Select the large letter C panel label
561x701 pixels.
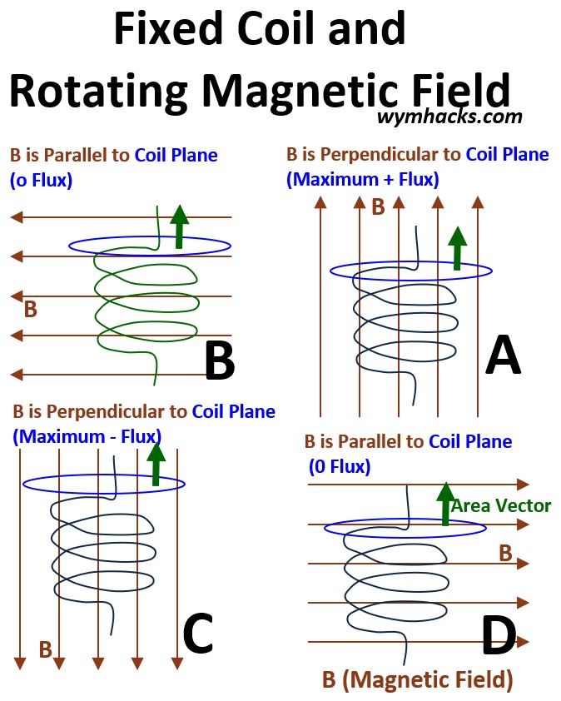tap(198, 634)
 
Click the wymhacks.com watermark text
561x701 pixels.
tap(449, 117)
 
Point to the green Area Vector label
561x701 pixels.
tap(501, 505)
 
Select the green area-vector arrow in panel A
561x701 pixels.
tap(456, 247)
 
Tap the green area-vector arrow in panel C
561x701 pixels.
tap(156, 465)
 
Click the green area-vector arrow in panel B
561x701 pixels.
tap(179, 226)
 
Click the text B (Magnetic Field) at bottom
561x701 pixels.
tap(417, 680)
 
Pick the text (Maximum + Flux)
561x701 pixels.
tap(363, 179)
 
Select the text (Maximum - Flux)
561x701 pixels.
tap(87, 435)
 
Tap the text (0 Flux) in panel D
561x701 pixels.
tap(340, 467)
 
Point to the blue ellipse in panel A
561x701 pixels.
tap(411, 271)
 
